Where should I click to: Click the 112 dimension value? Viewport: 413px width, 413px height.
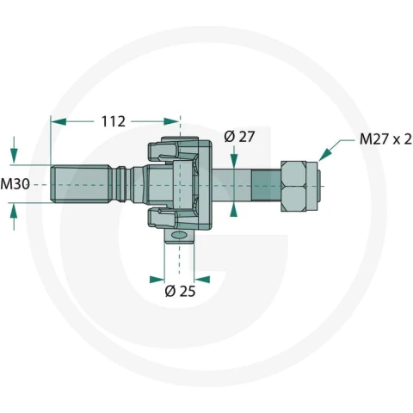114,121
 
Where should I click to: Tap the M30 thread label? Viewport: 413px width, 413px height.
15,184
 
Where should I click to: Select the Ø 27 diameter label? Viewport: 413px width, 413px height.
239,137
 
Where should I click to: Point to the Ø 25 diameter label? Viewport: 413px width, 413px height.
180,291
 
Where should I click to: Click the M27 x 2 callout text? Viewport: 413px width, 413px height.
385,139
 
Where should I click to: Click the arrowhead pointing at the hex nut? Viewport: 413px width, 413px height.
324,155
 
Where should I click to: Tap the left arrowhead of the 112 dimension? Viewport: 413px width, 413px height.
59,121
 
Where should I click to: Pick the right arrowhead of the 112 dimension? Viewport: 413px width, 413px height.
171,121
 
